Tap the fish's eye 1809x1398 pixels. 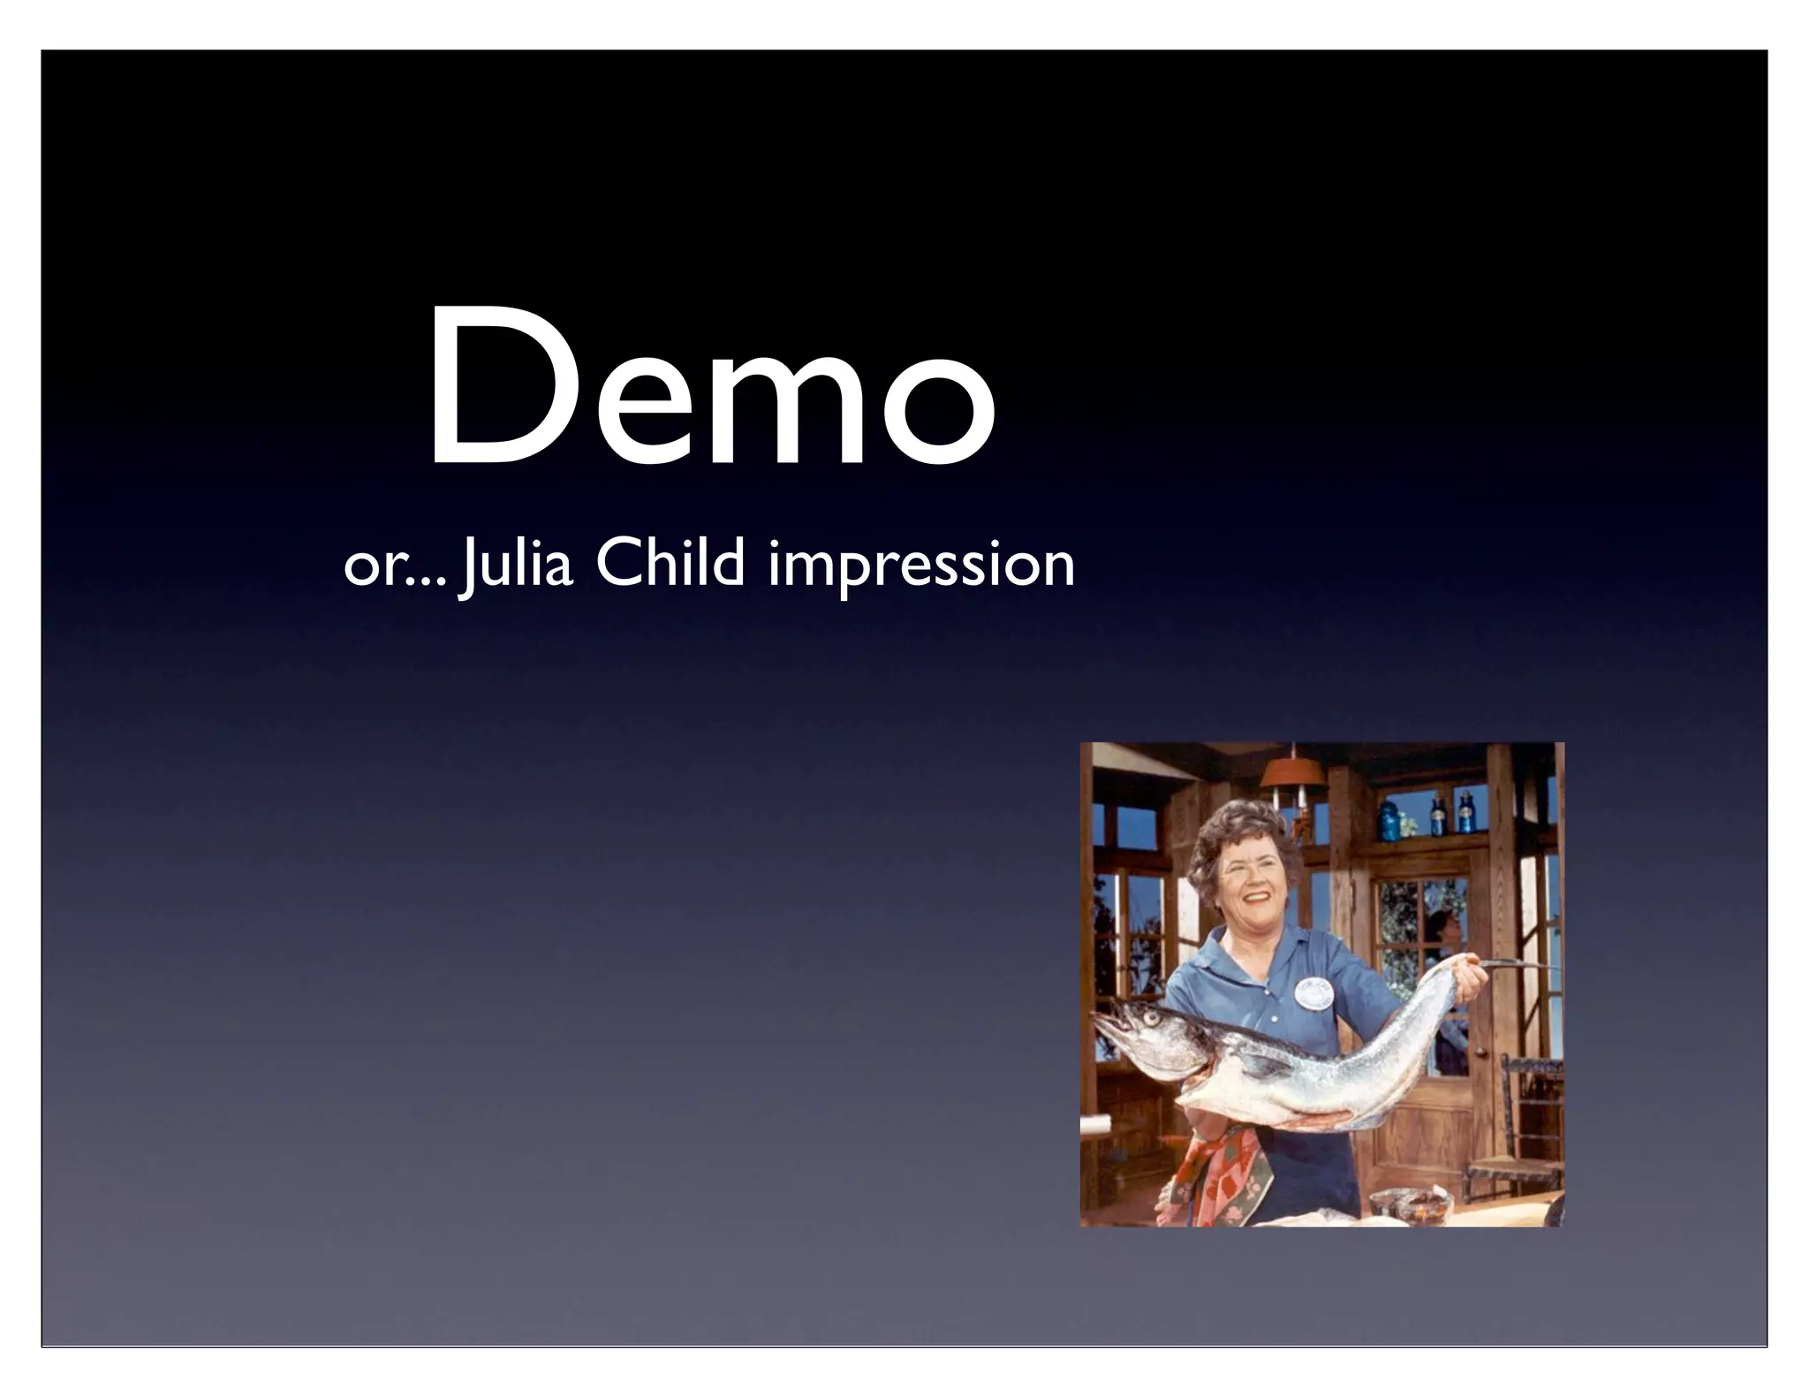click(x=1151, y=1018)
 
